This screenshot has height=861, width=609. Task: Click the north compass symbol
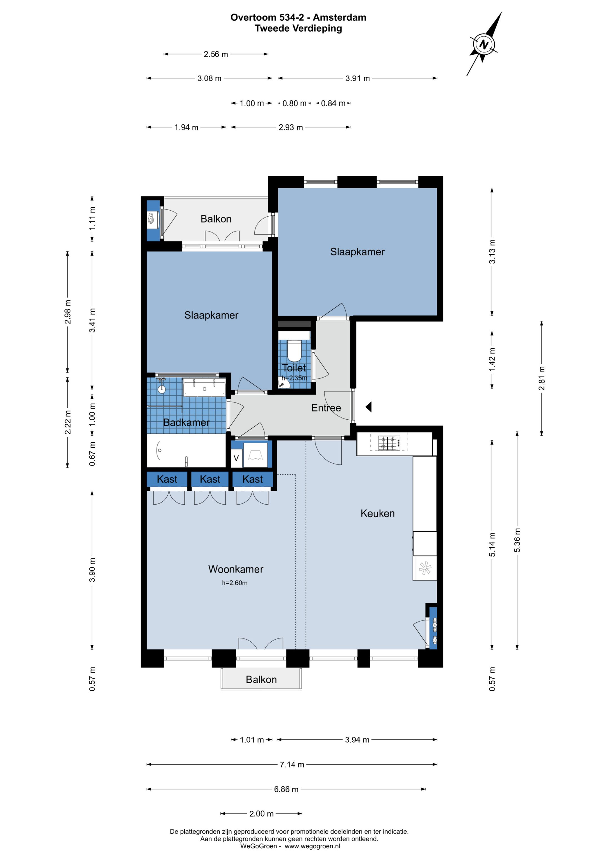[x=484, y=44]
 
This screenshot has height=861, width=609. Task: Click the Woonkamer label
[x=236, y=569]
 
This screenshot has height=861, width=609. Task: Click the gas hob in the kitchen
[x=389, y=442]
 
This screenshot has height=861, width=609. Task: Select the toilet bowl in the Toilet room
[x=294, y=350]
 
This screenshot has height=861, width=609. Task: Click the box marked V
[x=236, y=458]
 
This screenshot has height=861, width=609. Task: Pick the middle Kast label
[x=210, y=479]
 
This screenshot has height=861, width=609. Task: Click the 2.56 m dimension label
[x=216, y=54]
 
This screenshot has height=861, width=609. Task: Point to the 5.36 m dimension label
[x=517, y=540]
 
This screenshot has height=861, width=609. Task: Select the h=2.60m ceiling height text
[x=235, y=583]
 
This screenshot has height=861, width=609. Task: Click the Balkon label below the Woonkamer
[x=261, y=679]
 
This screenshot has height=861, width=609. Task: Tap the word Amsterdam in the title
[x=340, y=17]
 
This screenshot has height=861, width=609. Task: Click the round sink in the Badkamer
[x=162, y=389]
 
